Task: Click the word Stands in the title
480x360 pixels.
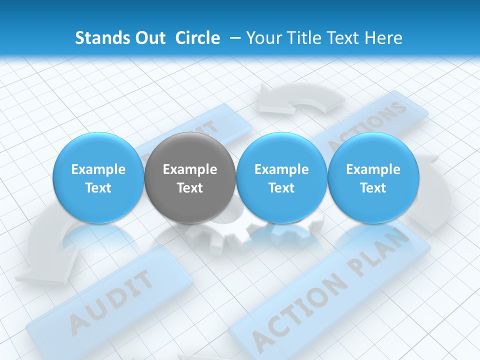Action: point(95,38)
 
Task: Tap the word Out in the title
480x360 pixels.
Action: point(147,38)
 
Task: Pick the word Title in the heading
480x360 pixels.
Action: point(304,38)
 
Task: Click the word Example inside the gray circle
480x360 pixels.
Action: point(189,169)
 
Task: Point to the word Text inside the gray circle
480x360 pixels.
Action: point(189,188)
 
